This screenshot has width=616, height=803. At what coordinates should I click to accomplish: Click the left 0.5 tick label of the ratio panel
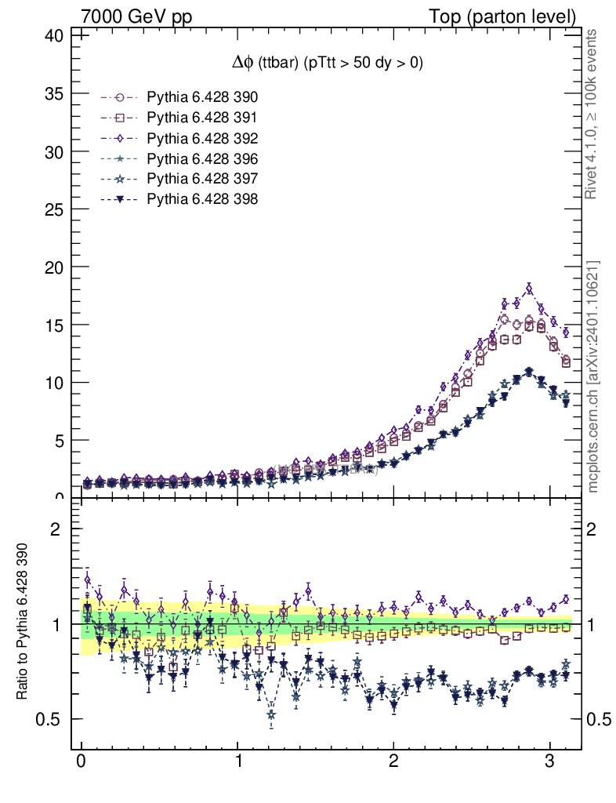(x=50, y=719)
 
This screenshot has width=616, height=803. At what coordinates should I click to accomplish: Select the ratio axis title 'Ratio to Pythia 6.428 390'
(x=24, y=623)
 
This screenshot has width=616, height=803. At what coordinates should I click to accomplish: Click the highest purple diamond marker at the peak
(x=529, y=289)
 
